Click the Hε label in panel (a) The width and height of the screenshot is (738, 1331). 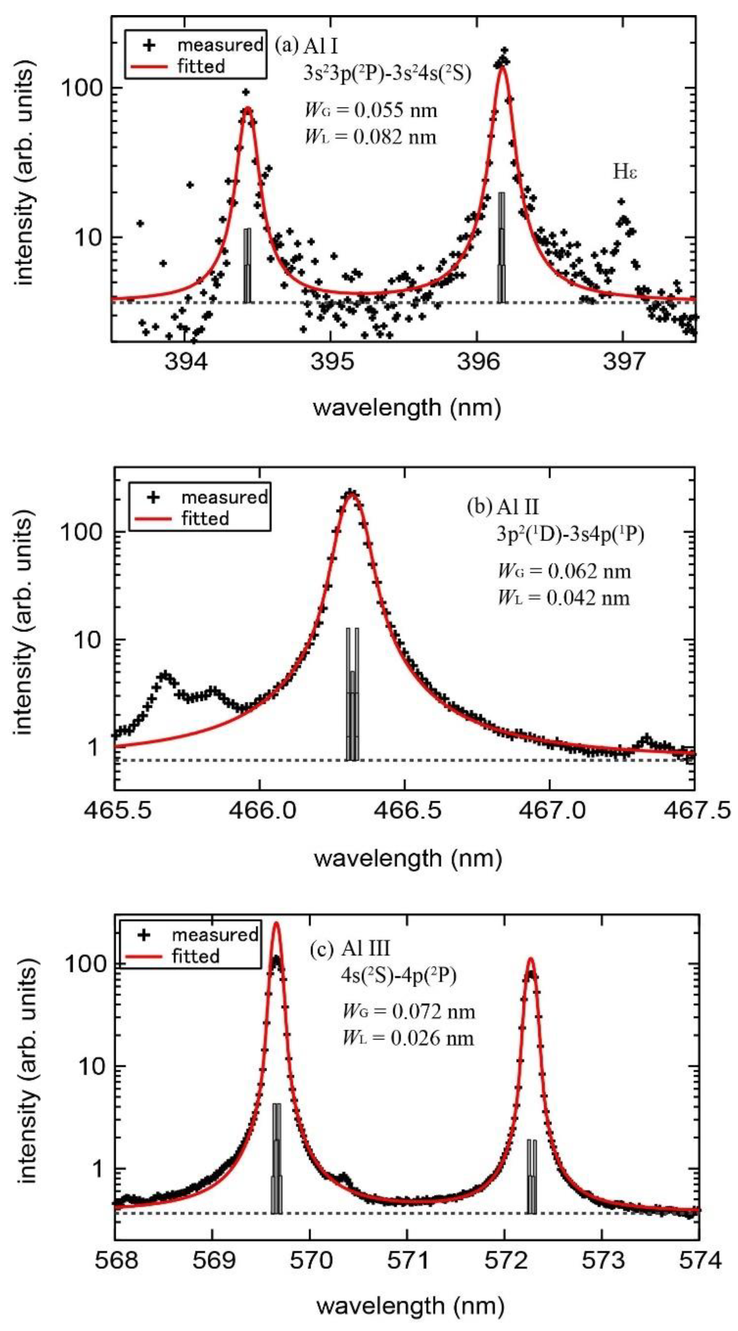625,172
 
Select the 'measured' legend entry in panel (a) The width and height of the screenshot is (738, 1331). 220,46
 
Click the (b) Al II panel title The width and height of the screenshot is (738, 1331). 502,507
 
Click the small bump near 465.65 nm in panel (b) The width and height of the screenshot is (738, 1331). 165,675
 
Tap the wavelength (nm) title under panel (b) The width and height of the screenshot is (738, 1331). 408,858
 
